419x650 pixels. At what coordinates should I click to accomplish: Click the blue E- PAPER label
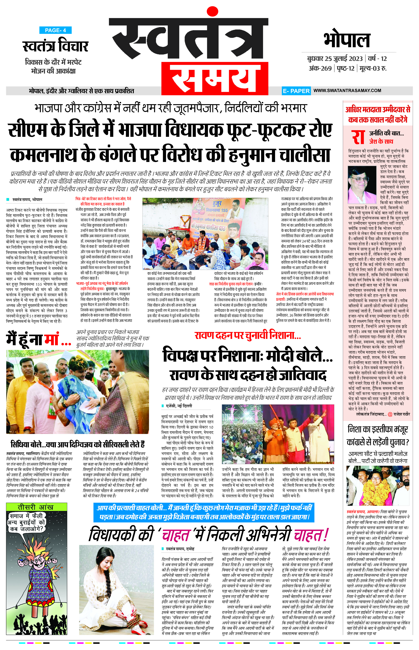click(296, 91)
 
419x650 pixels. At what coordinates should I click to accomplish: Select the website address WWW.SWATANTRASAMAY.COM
click(347, 90)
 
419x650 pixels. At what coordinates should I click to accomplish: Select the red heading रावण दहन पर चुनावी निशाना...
click(248, 336)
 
